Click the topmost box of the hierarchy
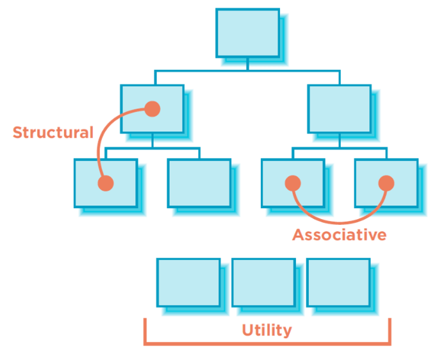click(247, 33)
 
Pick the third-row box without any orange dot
click(199, 183)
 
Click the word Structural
click(53, 133)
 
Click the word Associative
click(340, 235)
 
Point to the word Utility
click(267, 331)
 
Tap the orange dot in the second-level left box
click(152, 109)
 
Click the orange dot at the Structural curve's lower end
click(106, 184)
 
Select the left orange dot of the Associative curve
click(293, 184)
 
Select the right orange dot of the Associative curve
click(386, 184)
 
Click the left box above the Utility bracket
click(188, 282)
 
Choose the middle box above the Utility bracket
click(263, 282)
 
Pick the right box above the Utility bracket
click(338, 282)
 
